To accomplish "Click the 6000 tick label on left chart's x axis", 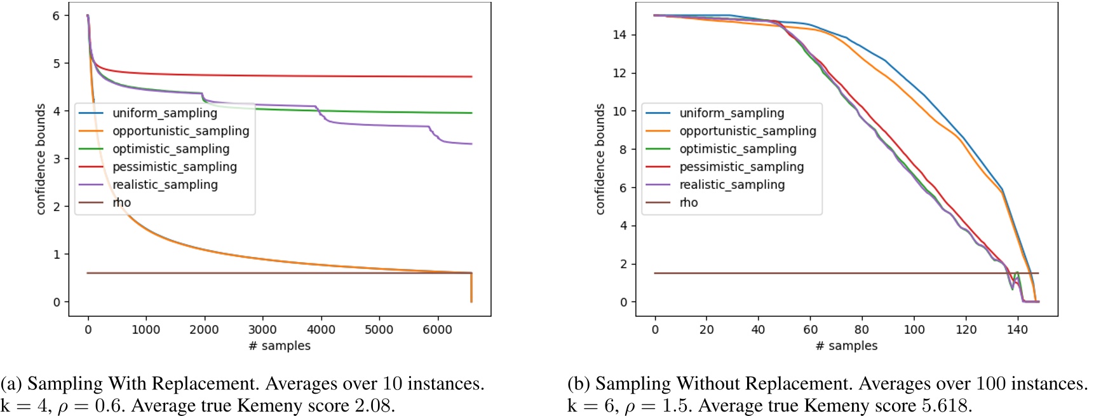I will (x=437, y=329).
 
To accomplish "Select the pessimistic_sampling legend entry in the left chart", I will (x=175, y=167).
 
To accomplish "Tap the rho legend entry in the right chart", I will (x=689, y=202).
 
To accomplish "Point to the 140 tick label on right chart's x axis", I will (x=1017, y=329).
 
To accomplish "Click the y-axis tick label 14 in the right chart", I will (x=619, y=35).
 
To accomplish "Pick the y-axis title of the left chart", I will (x=41, y=159).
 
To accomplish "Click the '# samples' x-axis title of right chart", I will (x=846, y=345).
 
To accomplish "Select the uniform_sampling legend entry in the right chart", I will (x=731, y=113).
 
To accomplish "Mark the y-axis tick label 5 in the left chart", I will (x=57, y=64).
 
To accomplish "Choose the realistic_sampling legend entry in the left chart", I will (x=165, y=184).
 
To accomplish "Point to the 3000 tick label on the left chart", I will (x=262, y=329).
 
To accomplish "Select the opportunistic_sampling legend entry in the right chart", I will (x=748, y=130).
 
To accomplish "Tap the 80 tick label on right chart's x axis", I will (x=862, y=329).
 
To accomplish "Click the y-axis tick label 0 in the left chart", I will (x=57, y=302).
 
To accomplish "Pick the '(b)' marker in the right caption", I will (x=579, y=384).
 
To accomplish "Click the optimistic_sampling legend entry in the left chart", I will (x=171, y=149).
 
